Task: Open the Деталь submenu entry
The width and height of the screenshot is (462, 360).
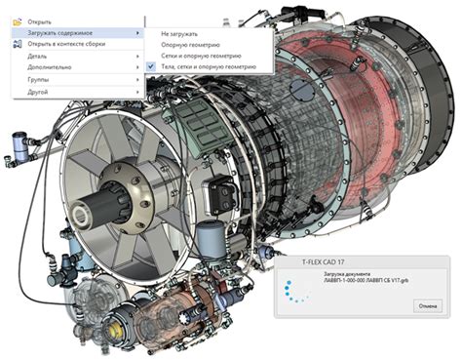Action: tap(39, 57)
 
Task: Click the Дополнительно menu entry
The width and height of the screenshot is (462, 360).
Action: tap(50, 68)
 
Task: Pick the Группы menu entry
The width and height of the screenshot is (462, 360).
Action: tap(39, 80)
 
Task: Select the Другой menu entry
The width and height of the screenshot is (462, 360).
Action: tap(39, 92)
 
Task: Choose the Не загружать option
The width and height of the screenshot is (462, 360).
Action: tap(179, 32)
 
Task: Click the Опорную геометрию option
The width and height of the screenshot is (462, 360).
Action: tap(190, 44)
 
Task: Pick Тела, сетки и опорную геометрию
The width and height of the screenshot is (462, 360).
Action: tap(209, 67)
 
